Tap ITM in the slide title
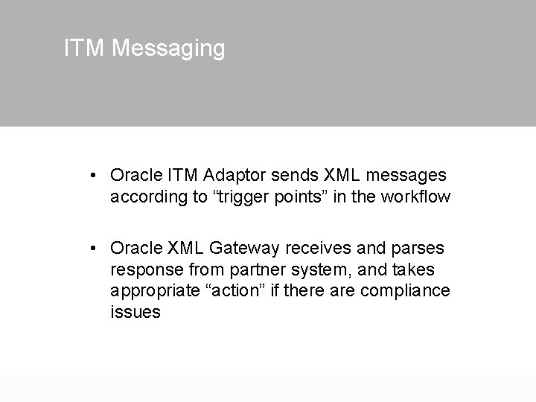click(85, 48)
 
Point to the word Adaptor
click(236, 176)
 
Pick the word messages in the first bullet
click(405, 176)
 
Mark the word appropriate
click(155, 290)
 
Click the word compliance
click(405, 290)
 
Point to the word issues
click(135, 312)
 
